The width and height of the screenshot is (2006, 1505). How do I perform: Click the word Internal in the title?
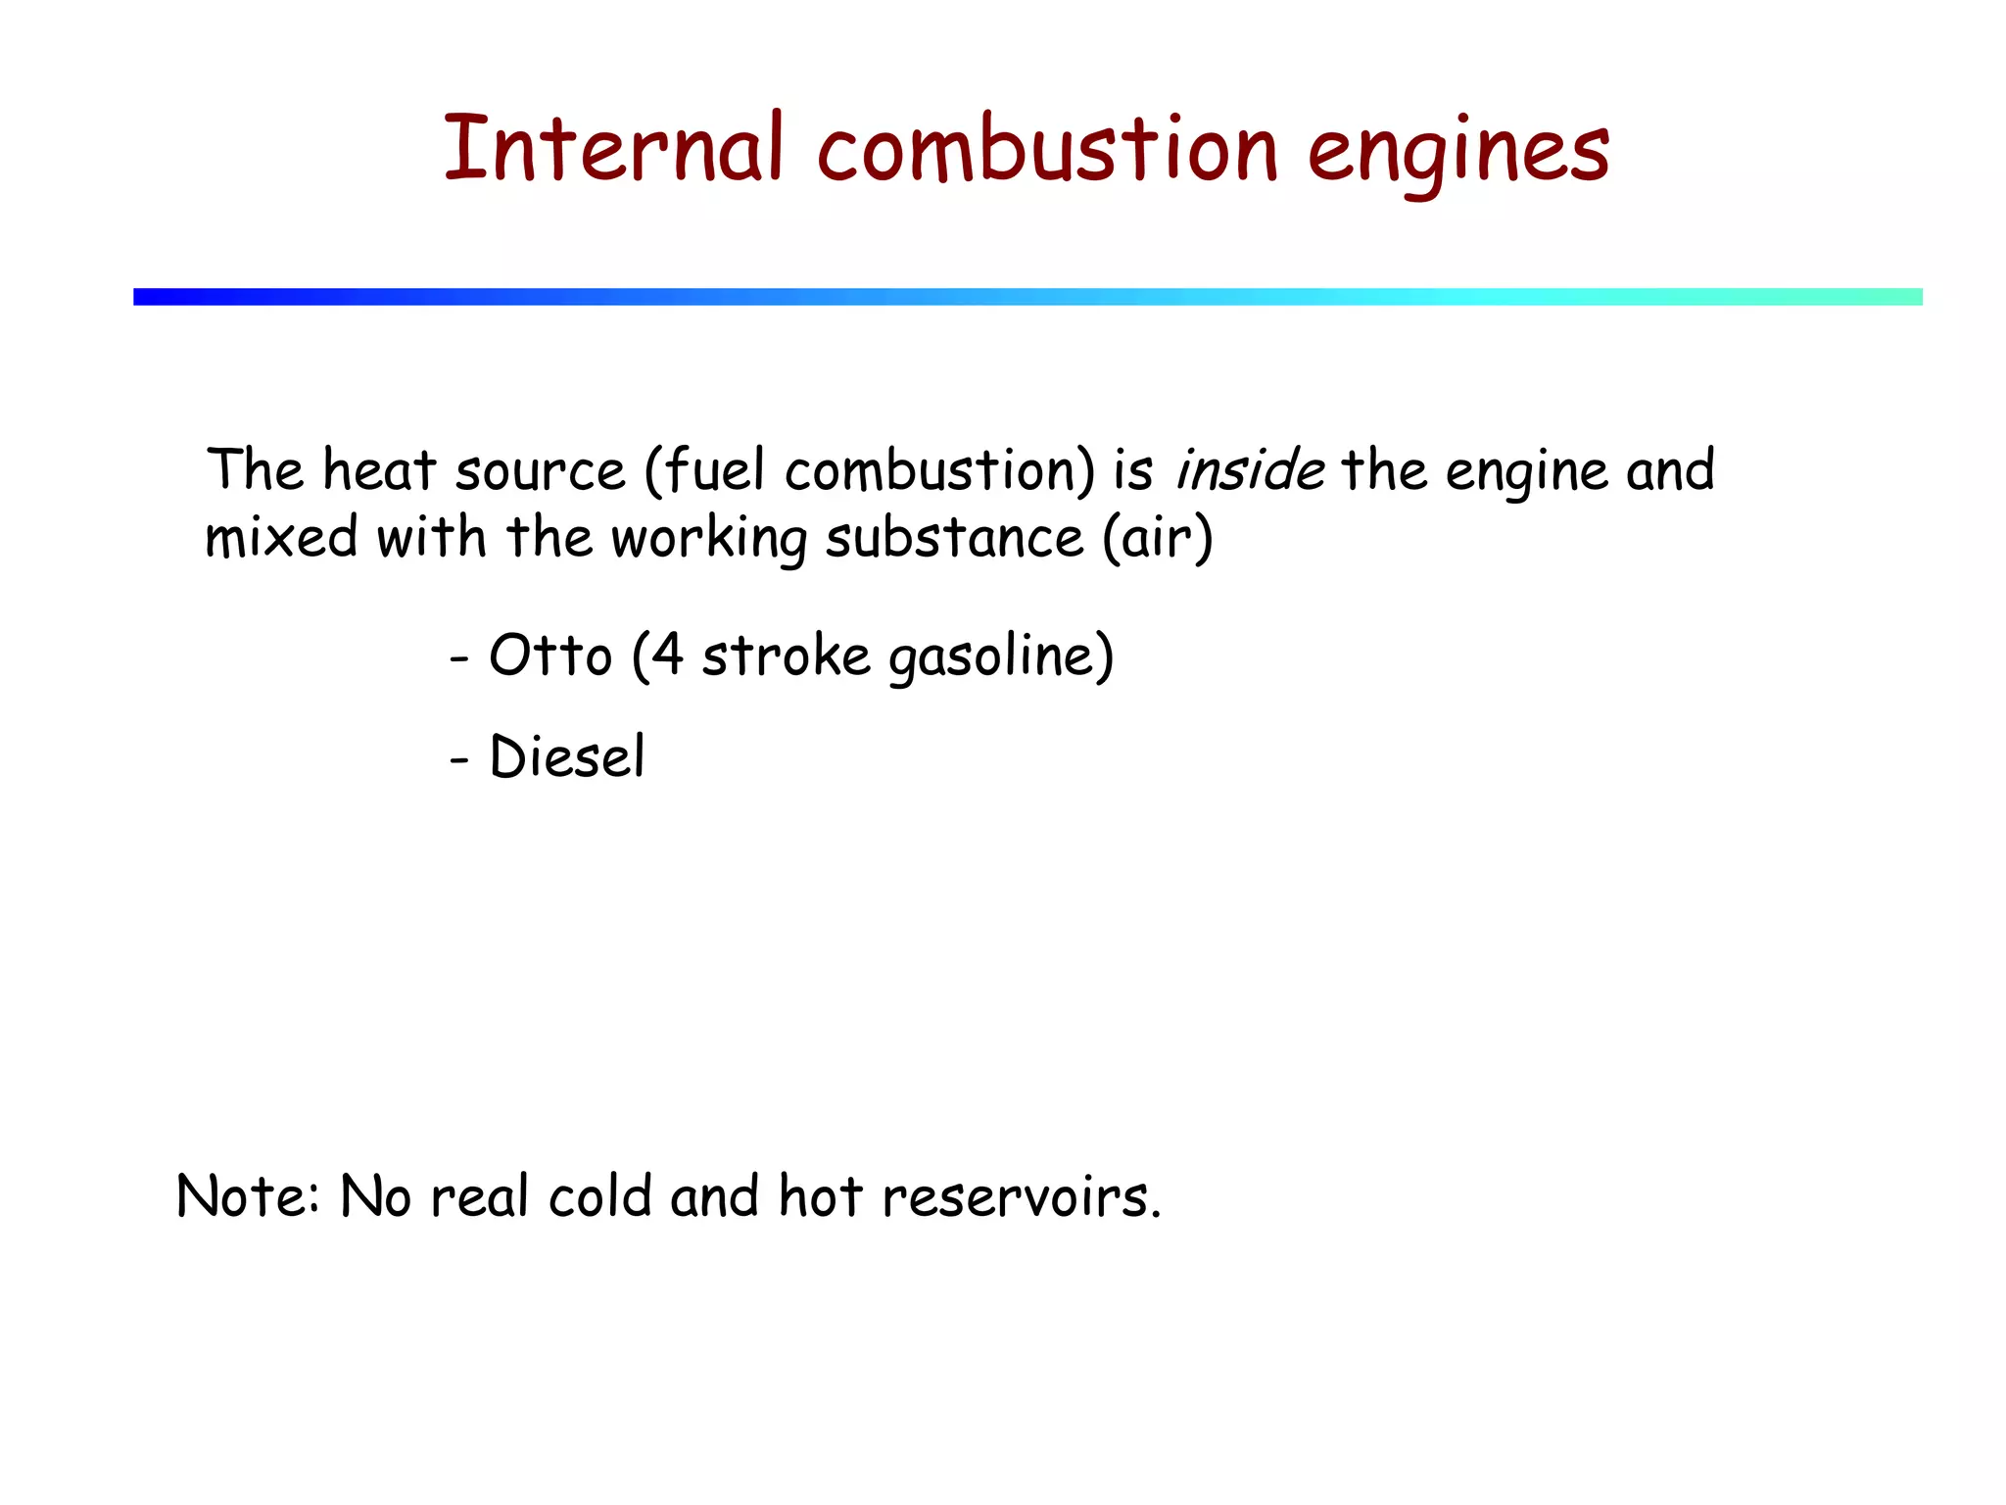(x=613, y=149)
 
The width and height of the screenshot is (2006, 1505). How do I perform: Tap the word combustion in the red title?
(x=1047, y=149)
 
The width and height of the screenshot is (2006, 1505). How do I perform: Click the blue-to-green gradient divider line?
(x=1027, y=297)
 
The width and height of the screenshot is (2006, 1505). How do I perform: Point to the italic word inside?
(x=1250, y=470)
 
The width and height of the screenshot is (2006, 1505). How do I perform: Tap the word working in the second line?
(x=709, y=540)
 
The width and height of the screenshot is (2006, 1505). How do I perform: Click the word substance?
(x=954, y=538)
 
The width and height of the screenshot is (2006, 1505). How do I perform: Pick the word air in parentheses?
(x=1158, y=538)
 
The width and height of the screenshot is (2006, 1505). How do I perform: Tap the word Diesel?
(x=567, y=756)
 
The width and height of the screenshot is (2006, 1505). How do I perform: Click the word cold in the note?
(x=599, y=1196)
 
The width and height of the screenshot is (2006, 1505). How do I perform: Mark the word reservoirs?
(x=1019, y=1198)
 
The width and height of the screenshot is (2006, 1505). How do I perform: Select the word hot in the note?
(x=819, y=1196)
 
